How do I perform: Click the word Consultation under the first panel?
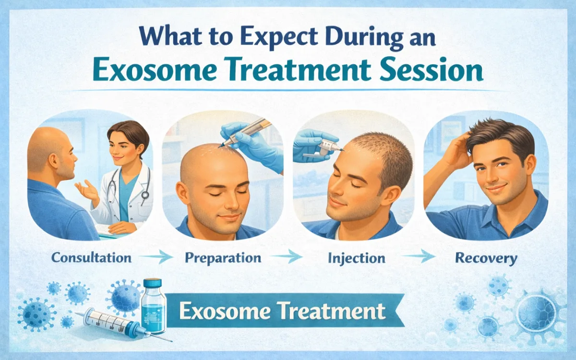(91, 258)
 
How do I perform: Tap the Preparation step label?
(223, 258)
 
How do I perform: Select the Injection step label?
(357, 258)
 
